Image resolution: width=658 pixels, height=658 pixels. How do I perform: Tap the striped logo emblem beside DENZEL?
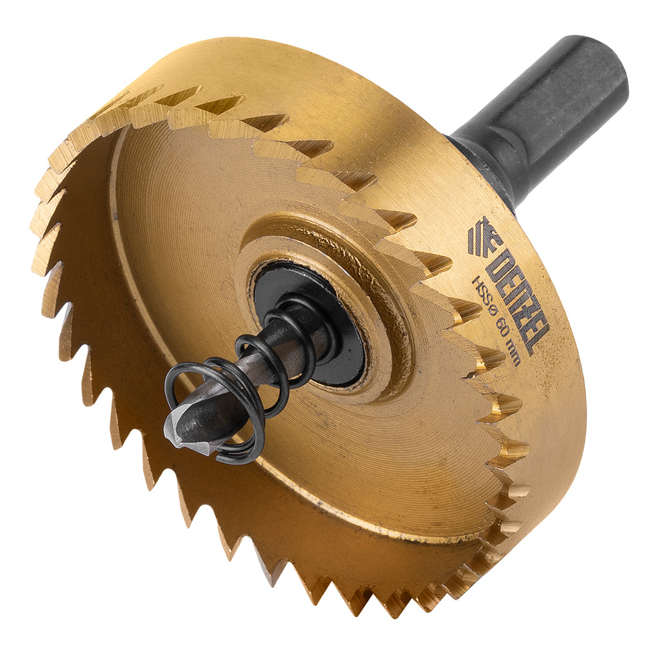(483, 236)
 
